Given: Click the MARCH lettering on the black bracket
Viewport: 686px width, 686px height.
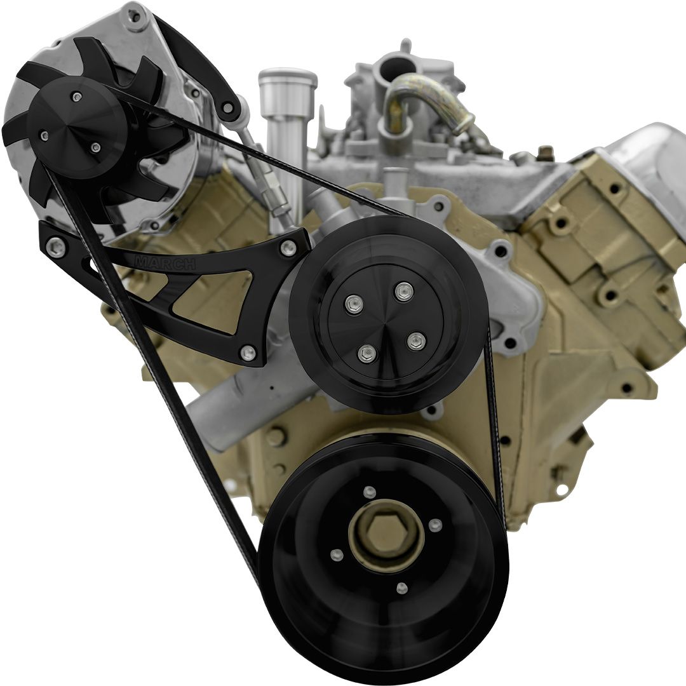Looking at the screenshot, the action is point(166,263).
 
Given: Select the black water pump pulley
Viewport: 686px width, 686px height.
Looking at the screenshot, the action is point(387,314).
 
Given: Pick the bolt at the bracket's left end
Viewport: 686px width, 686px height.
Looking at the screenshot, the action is point(56,248).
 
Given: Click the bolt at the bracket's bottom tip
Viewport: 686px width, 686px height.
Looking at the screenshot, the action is point(248,353).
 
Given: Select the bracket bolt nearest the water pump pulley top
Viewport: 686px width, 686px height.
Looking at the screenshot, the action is point(288,248).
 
